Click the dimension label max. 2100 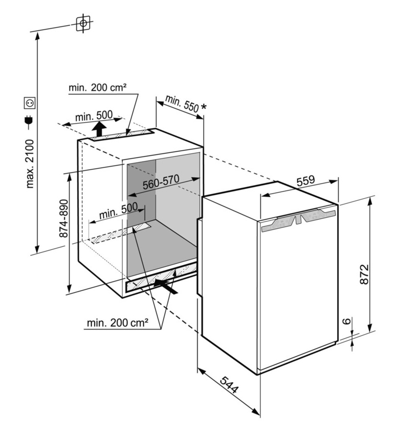(29, 163)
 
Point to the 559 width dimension (305, 181)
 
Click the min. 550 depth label (181, 103)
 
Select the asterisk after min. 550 (204, 107)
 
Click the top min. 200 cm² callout (97, 88)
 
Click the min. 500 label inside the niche (119, 211)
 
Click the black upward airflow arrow (99, 129)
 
